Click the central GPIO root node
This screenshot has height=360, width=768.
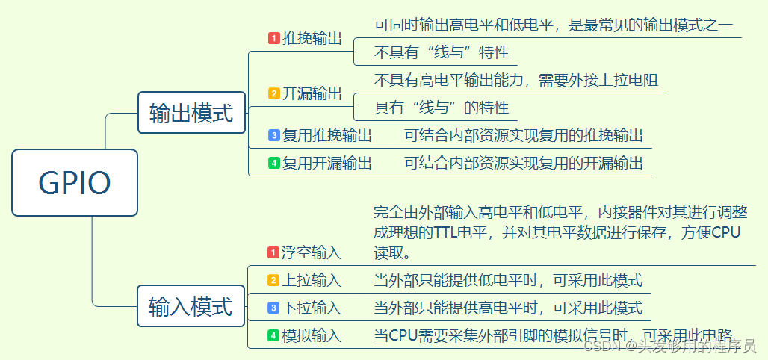click(75, 182)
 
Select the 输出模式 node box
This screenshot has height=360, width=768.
click(191, 113)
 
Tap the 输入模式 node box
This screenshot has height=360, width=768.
click(191, 305)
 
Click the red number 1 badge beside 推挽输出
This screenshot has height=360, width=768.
click(274, 38)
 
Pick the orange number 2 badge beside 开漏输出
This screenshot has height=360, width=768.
click(274, 93)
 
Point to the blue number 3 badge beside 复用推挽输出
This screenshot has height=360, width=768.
click(274, 135)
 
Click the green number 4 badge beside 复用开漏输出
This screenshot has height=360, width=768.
click(274, 162)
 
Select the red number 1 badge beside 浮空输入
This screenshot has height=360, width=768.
click(274, 252)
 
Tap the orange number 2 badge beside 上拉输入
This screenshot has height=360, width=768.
click(274, 280)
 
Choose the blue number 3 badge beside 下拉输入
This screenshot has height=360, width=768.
click(274, 308)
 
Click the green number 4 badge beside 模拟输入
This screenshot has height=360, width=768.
click(274, 335)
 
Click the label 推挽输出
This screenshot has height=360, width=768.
click(312, 38)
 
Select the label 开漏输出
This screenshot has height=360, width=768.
click(312, 93)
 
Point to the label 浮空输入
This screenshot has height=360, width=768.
click(312, 252)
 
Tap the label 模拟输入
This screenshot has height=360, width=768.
click(312, 335)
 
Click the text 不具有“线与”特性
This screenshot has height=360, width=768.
click(442, 52)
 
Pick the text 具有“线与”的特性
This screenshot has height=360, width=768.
click(442, 108)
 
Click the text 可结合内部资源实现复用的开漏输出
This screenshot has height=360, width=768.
click(523, 162)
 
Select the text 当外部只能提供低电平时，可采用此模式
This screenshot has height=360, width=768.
click(508, 280)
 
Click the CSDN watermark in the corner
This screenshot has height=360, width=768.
click(669, 346)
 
